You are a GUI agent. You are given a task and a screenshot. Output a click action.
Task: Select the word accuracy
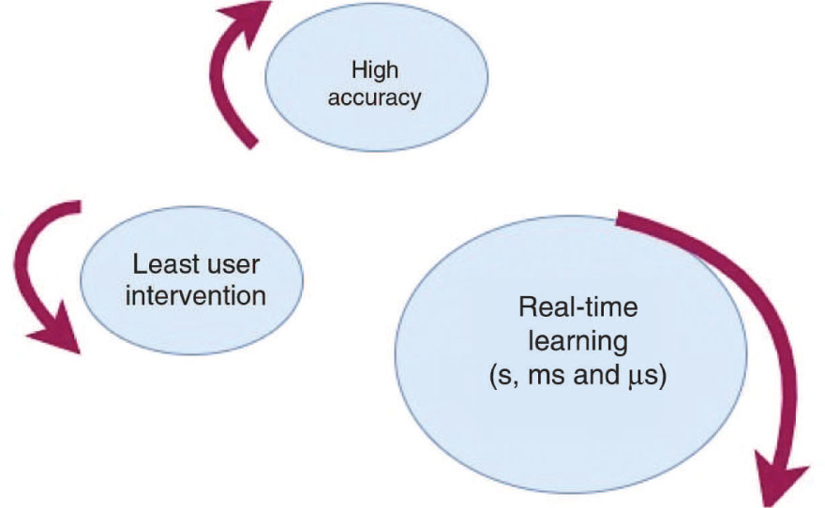(x=375, y=96)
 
